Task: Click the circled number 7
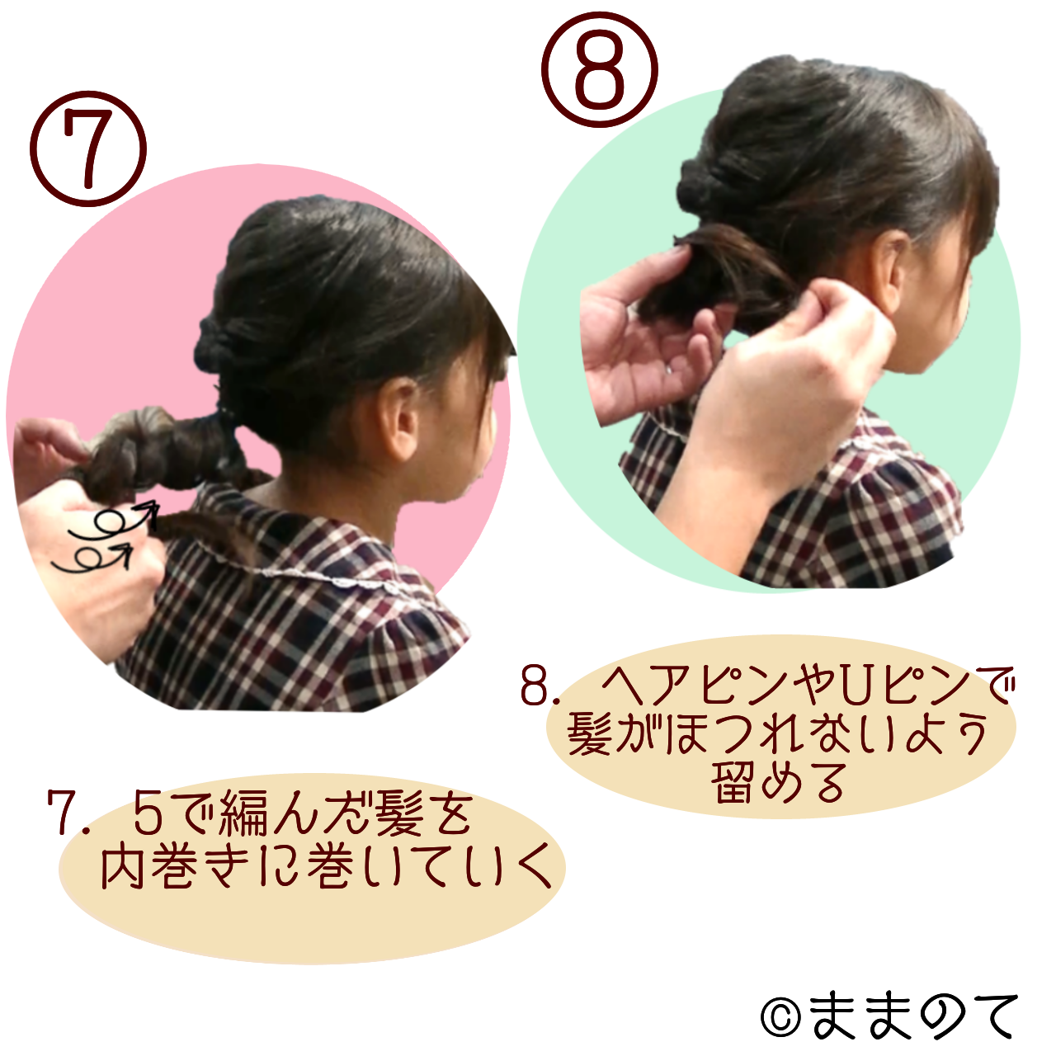click(88, 148)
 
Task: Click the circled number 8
click(600, 69)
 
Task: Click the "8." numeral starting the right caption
click(540, 686)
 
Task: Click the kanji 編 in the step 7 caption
click(238, 819)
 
